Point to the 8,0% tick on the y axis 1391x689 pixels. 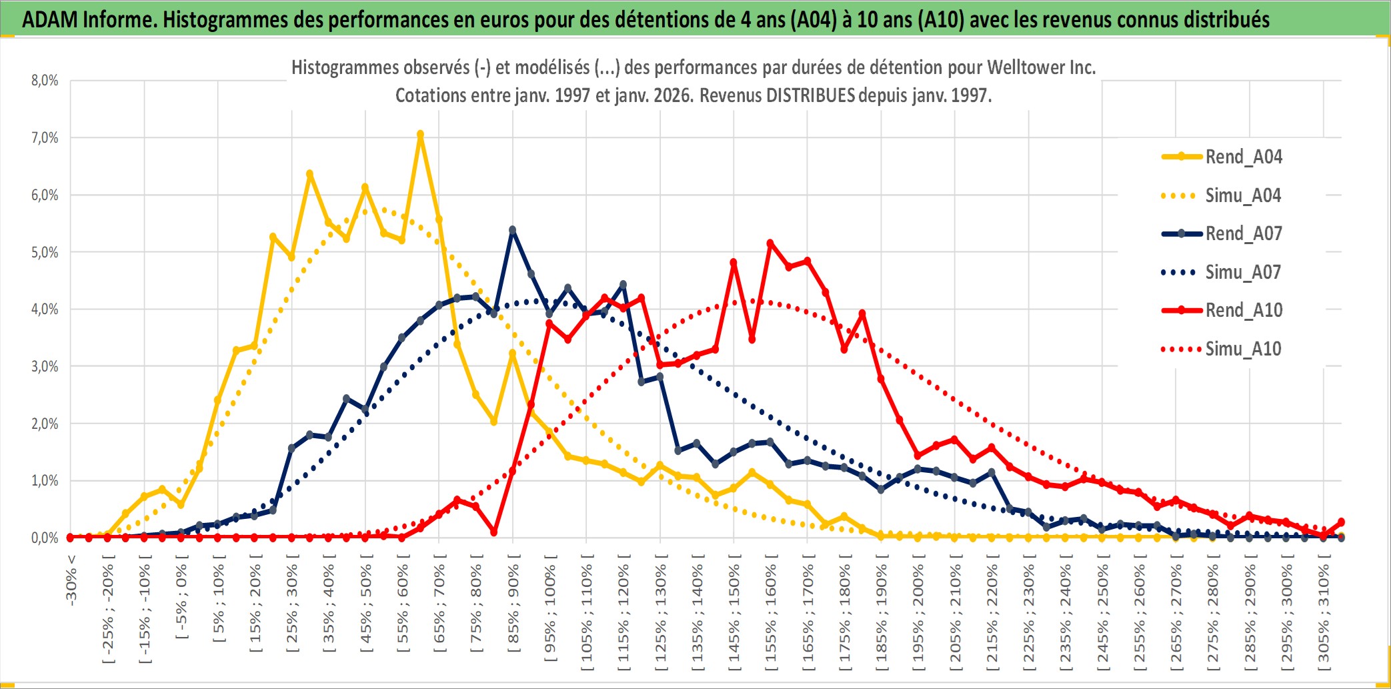(45, 81)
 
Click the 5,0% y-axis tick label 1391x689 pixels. (45, 252)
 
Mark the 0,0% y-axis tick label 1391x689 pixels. (45, 538)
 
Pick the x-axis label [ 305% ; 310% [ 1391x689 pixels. (1324, 614)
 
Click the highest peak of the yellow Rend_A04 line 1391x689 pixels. (420, 134)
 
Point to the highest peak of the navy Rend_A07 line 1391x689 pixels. (512, 230)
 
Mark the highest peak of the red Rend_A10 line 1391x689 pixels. (770, 243)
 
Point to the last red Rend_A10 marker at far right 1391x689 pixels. (1341, 522)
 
